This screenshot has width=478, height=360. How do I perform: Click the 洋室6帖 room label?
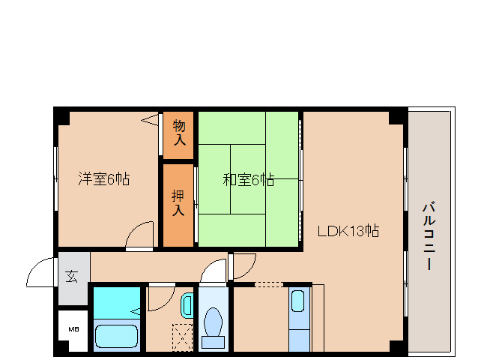tap(104, 179)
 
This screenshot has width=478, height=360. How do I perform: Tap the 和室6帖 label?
tap(247, 180)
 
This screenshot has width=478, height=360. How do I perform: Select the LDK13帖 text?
tap(348, 231)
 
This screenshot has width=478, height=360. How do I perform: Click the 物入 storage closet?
tap(179, 132)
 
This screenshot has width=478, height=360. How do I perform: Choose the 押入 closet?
tap(178, 203)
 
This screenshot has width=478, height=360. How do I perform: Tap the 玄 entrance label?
tap(72, 275)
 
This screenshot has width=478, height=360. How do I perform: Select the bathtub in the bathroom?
tap(118, 335)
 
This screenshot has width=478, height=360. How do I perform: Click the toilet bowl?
tap(214, 325)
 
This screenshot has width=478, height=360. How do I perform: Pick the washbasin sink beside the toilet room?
tap(187, 307)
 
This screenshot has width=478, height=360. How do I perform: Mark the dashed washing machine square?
tap(182, 336)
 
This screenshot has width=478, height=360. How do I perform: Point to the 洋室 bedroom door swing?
tap(139, 234)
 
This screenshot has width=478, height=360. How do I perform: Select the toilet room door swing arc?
tap(214, 271)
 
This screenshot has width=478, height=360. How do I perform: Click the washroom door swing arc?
tap(160, 298)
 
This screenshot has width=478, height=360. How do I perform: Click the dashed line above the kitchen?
tap(269, 283)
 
